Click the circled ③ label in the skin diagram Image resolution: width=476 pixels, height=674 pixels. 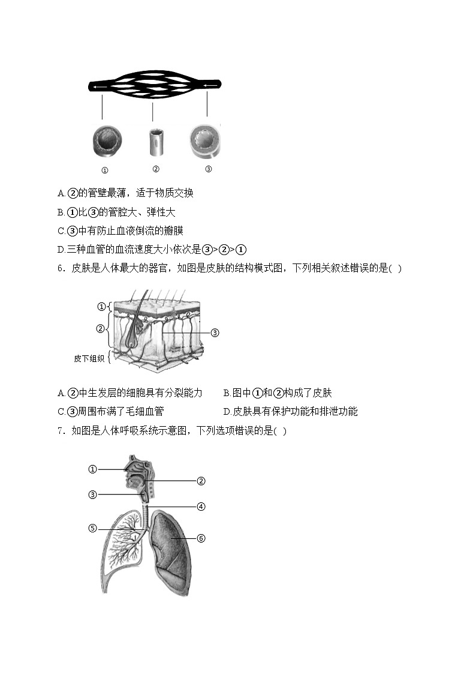[215, 332]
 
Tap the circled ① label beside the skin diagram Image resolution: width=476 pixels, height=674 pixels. [101, 307]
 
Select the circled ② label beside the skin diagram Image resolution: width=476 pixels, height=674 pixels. [101, 328]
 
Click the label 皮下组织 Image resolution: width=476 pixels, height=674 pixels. [89, 358]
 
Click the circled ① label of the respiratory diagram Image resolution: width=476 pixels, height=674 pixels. [92, 469]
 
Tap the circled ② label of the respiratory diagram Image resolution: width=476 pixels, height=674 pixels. [201, 480]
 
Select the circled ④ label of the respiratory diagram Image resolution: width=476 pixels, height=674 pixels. [201, 506]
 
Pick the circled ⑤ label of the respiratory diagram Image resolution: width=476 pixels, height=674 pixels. [92, 528]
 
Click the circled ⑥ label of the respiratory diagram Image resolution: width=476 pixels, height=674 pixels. [201, 538]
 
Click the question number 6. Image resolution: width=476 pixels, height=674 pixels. [61, 268]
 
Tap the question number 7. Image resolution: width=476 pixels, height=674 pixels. [61, 430]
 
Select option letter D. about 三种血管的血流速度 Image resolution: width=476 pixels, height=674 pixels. [61, 250]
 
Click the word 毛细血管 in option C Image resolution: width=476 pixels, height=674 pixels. [143, 411]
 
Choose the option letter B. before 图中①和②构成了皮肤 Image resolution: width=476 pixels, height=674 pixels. [227, 393]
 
